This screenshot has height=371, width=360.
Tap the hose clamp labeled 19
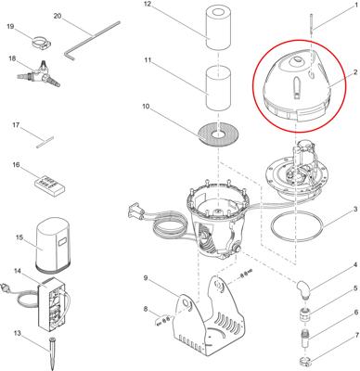click(x=42, y=43)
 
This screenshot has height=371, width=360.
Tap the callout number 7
click(x=357, y=335)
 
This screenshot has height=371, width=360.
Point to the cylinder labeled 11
click(x=218, y=88)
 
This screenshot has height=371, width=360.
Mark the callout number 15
click(x=19, y=237)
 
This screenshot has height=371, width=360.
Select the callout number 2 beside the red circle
click(x=355, y=72)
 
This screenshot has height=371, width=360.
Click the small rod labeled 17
click(x=45, y=142)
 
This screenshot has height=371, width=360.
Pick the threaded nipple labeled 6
click(x=305, y=339)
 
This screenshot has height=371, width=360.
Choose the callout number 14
click(x=18, y=271)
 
